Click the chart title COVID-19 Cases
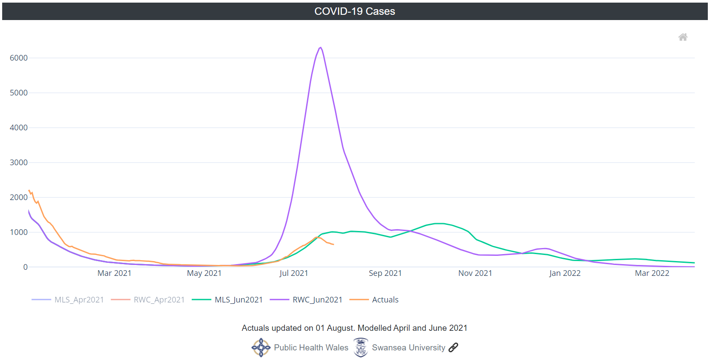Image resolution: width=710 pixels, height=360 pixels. click(355, 11)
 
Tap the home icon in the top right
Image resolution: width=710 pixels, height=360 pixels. click(683, 37)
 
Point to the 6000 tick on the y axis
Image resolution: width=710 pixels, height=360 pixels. click(19, 58)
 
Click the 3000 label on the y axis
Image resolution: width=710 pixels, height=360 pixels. click(19, 163)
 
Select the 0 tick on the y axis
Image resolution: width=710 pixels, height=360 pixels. click(25, 267)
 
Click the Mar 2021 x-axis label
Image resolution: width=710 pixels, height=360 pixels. click(114, 273)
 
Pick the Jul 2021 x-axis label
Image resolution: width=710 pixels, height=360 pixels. click(294, 273)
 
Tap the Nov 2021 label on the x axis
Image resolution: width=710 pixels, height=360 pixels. click(475, 273)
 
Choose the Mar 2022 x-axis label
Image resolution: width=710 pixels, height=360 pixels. click(652, 273)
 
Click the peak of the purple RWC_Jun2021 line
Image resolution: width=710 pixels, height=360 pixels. click(321, 48)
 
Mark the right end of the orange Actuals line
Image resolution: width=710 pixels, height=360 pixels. click(333, 245)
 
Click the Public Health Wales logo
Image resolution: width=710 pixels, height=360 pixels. click(261, 347)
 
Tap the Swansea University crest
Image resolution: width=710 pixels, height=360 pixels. click(361, 347)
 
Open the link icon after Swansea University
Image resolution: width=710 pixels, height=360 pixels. click(453, 347)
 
